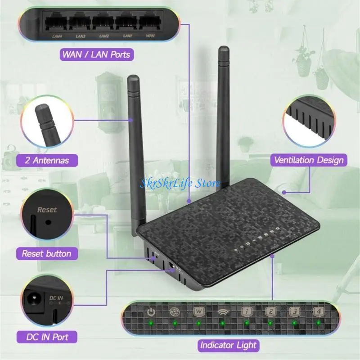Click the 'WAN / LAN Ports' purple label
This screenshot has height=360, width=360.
tap(97, 54)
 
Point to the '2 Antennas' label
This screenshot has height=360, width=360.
tap(47, 160)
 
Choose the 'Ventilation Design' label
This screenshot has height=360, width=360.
tap(309, 160)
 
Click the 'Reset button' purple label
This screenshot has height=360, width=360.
tap(47, 254)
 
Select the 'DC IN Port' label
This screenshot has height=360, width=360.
tap(47, 337)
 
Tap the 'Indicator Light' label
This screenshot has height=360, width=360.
tap(229, 345)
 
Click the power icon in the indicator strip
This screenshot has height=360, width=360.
tap(151, 312)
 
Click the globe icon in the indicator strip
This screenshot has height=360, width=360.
tap(175, 312)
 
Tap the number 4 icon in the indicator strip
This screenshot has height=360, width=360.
tap(319, 312)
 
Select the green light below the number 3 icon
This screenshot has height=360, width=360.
tap(294, 323)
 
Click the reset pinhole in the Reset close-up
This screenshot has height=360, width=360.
tap(48, 222)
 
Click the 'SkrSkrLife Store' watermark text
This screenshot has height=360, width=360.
tap(180, 184)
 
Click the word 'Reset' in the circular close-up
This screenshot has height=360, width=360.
tap(47, 210)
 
